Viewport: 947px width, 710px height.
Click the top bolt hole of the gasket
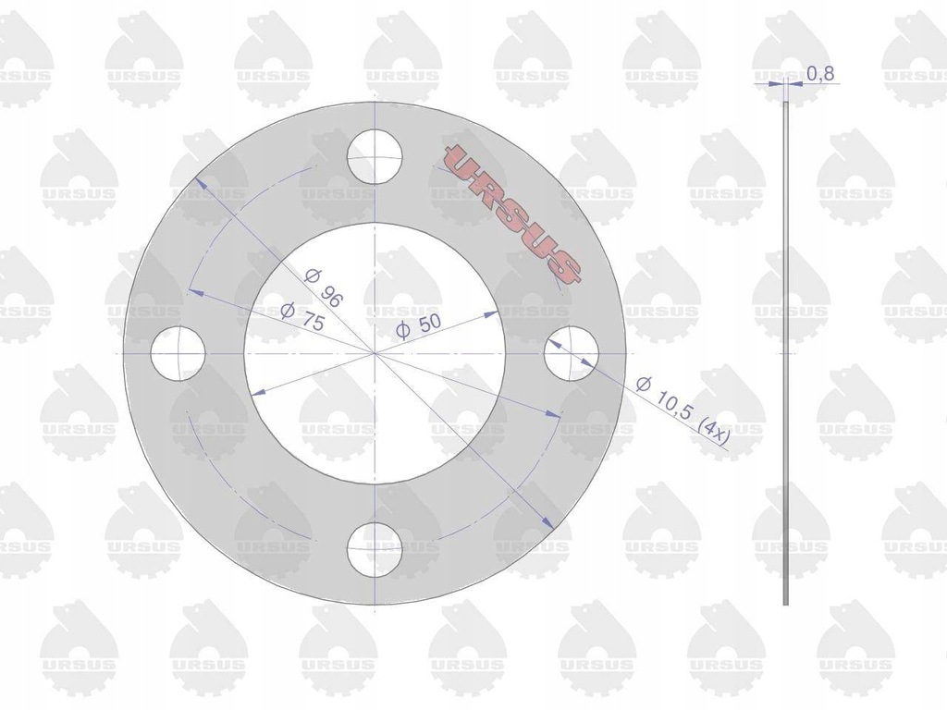[x=375, y=156]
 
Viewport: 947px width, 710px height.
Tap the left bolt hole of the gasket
[x=178, y=353]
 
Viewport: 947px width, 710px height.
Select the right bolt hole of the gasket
[x=572, y=353]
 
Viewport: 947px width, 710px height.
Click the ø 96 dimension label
[x=325, y=288]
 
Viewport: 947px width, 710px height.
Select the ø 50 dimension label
[x=419, y=326]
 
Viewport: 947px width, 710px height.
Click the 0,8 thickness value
[x=820, y=74]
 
